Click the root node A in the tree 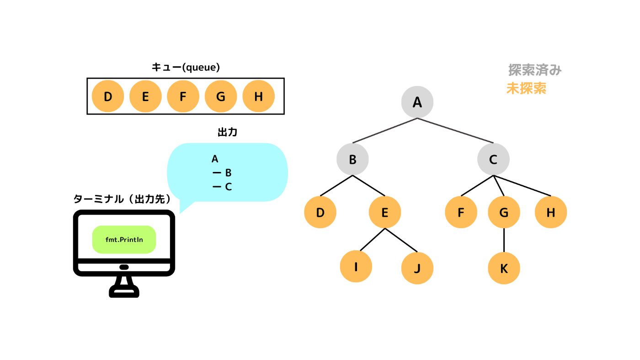point(417,102)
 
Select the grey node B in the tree point(352,159)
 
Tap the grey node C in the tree point(493,159)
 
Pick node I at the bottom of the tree point(356,267)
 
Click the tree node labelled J point(417,268)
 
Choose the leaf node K point(504,268)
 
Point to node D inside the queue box point(108,96)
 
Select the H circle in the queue point(259,96)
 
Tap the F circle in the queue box point(183,96)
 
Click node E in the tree point(385,212)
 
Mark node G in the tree point(504,212)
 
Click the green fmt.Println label point(124,240)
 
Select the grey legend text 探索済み point(535,70)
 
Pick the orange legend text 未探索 point(526,88)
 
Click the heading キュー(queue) point(186,67)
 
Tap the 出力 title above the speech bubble point(228,132)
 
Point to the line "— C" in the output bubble point(222,187)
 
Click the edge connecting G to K point(504,240)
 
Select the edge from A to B point(385,130)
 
